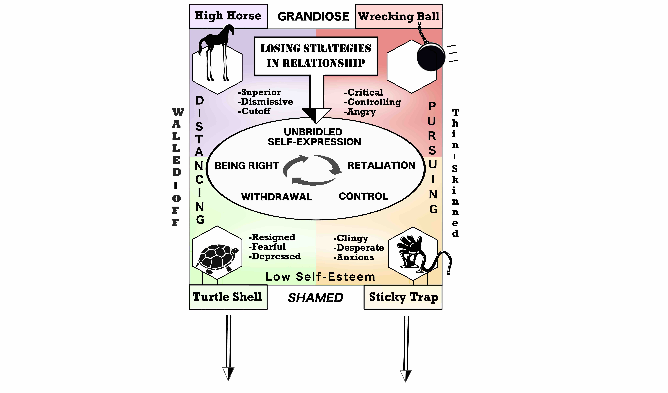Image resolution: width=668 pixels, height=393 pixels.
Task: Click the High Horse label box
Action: [x=228, y=16]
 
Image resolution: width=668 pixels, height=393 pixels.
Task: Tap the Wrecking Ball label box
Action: [x=399, y=16]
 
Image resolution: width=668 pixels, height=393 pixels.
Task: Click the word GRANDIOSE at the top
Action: [x=313, y=16]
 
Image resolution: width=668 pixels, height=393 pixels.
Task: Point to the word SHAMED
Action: [x=315, y=298]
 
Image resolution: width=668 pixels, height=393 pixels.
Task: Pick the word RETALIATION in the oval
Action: [x=381, y=166]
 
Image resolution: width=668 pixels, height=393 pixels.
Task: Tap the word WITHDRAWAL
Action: [x=277, y=197]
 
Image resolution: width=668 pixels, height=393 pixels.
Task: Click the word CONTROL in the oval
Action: [x=363, y=196]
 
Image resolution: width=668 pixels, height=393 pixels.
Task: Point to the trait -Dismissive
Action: [x=266, y=102]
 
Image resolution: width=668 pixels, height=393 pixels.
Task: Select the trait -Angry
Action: [x=360, y=112]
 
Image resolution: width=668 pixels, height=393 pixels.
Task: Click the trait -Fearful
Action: [x=267, y=247]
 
